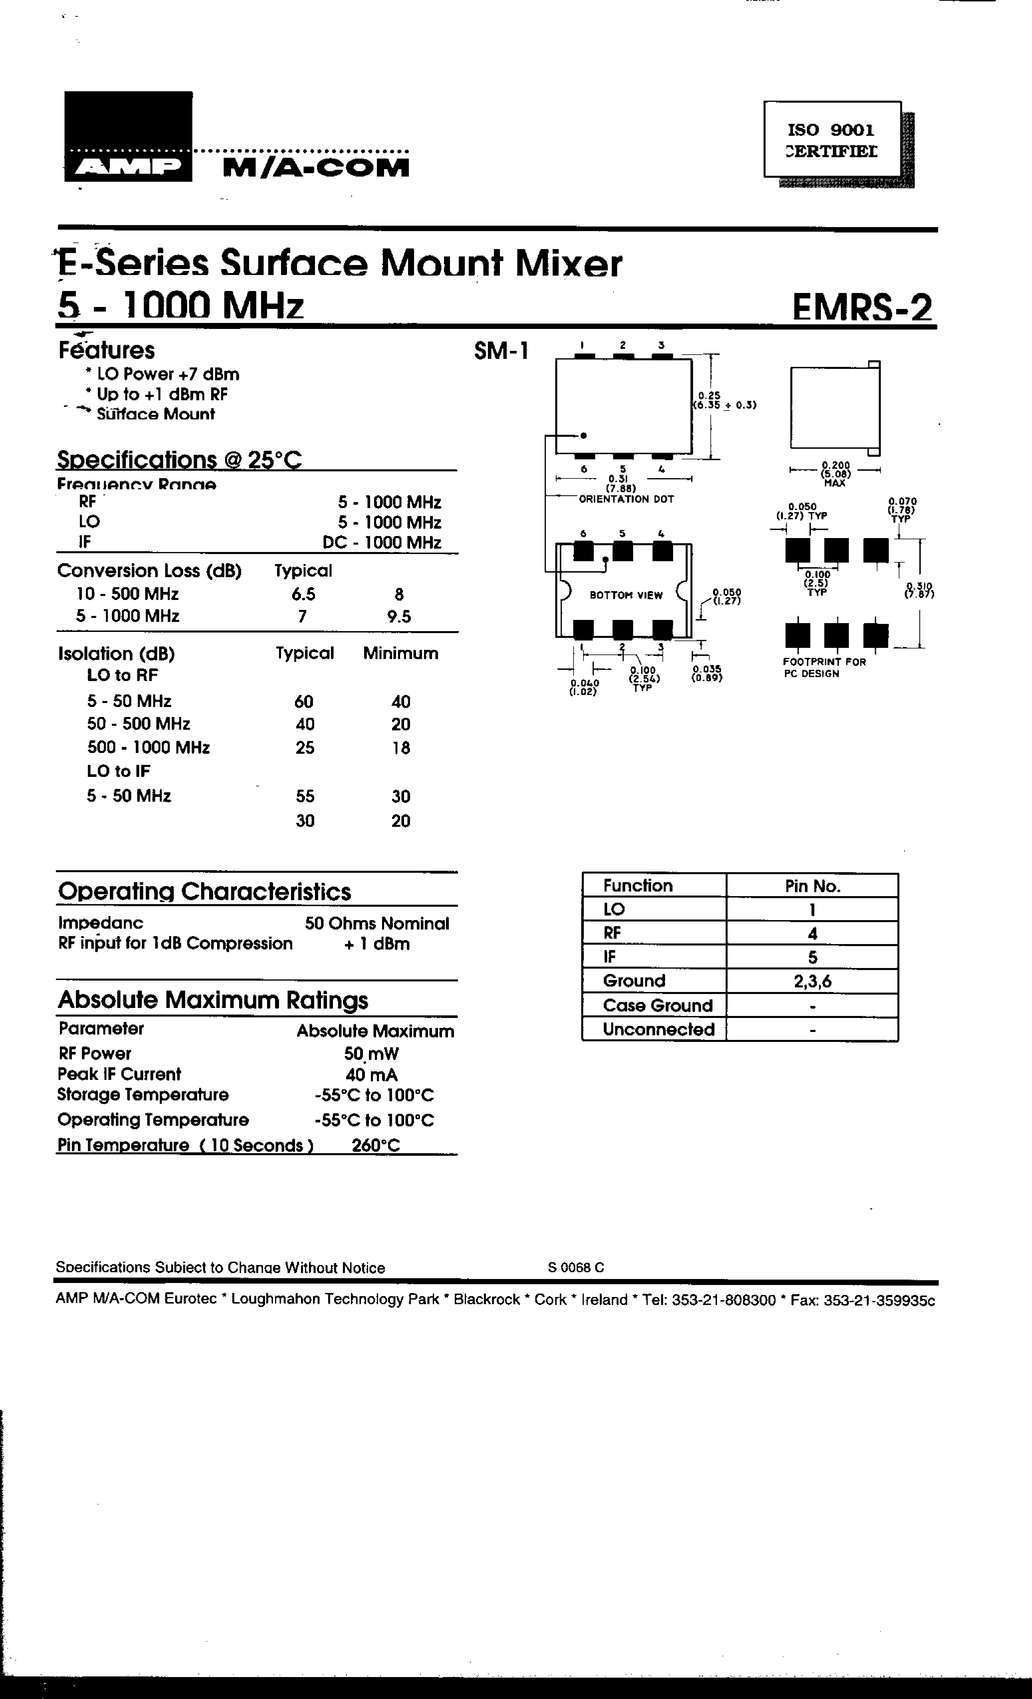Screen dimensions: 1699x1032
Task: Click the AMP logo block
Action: [x=128, y=137]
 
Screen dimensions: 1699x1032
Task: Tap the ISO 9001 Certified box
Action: [x=832, y=140]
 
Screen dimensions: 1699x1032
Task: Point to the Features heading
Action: [x=107, y=350]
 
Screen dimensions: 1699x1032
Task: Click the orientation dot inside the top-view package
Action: [x=583, y=435]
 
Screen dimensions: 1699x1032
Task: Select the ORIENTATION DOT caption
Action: [x=626, y=498]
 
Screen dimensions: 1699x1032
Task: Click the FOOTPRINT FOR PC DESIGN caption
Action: [x=824, y=667]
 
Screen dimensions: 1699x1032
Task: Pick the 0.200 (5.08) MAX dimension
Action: [x=835, y=474]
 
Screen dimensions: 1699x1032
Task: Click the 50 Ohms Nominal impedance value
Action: [x=376, y=923]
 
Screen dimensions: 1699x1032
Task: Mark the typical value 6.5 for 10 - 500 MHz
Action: [x=303, y=594]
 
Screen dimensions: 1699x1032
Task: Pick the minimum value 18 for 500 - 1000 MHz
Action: [x=400, y=748]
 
